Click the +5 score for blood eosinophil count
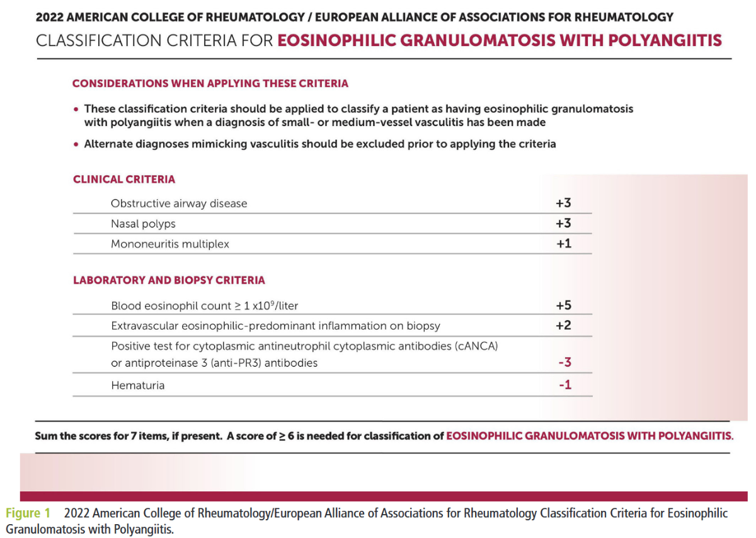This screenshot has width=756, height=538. coord(563,306)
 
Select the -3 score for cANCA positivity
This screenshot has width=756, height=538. coord(564,363)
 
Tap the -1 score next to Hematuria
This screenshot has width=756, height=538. coord(565,385)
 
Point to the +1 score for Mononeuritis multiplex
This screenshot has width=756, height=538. coord(563,244)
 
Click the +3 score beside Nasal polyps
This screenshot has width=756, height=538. coord(563,224)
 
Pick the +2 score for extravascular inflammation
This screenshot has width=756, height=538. coord(563,326)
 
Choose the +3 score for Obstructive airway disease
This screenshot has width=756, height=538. coord(563,203)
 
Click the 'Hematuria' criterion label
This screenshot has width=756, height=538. coord(137,385)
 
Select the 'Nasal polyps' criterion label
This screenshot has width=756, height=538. coord(143,224)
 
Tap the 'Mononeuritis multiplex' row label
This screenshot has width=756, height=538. coord(169,244)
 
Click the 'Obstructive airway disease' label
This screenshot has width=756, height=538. coord(179,203)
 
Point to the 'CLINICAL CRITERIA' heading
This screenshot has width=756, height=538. coord(124,180)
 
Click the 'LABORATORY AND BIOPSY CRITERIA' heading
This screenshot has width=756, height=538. coord(169,280)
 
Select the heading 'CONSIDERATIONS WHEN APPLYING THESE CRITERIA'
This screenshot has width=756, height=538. coord(210,83)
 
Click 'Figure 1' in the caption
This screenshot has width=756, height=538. coord(28,513)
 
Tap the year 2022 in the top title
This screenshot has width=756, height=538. coord(50,17)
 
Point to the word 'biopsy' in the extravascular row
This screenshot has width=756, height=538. coord(423,326)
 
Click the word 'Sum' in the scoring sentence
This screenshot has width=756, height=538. coord(45,436)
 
